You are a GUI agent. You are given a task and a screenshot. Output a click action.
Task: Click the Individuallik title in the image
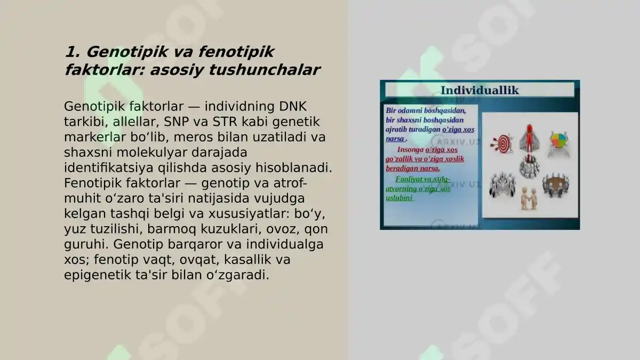[x=479, y=90]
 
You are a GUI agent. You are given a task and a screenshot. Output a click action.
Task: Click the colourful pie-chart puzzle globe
[x=558, y=142]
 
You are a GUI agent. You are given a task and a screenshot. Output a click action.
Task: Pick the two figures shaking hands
[x=529, y=198]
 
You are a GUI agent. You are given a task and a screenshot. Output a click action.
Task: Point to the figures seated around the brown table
[x=556, y=185]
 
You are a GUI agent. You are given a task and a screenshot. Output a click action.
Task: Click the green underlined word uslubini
[x=399, y=198]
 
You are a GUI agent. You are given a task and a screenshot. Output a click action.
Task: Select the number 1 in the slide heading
[x=70, y=52]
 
